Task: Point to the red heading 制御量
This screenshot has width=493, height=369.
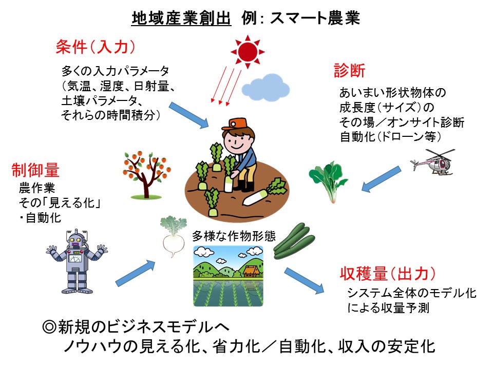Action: pos(35,169)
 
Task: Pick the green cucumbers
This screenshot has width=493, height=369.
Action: pos(293,240)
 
